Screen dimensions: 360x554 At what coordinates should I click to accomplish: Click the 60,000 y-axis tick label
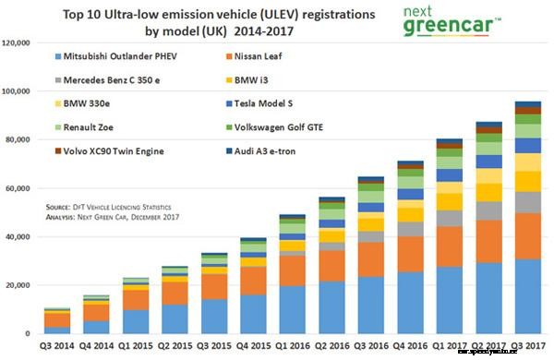point(21,188)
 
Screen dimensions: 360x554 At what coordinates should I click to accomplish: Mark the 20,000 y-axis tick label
point(21,285)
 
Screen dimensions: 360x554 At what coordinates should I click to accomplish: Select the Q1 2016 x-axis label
point(295,347)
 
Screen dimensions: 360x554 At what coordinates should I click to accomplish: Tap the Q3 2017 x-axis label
point(527,347)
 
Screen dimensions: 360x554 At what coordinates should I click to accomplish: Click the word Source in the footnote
point(58,209)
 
